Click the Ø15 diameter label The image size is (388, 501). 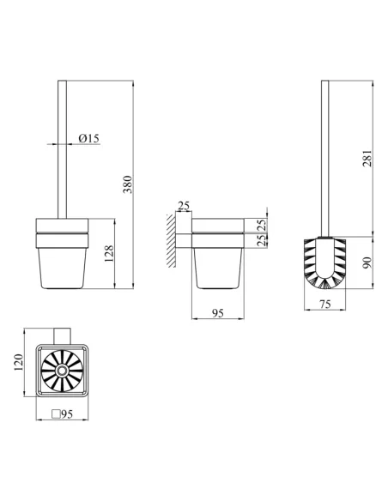(89, 138)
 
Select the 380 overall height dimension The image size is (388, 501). (128, 184)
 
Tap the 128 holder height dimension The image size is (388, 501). (109, 254)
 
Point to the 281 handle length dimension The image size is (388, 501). (367, 158)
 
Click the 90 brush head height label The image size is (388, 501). (367, 263)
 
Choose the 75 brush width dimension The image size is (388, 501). (324, 305)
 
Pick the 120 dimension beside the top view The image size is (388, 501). (19, 362)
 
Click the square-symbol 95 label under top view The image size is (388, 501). (63, 414)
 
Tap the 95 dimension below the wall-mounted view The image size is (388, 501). (218, 313)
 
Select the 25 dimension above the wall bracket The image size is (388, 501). (184, 206)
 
